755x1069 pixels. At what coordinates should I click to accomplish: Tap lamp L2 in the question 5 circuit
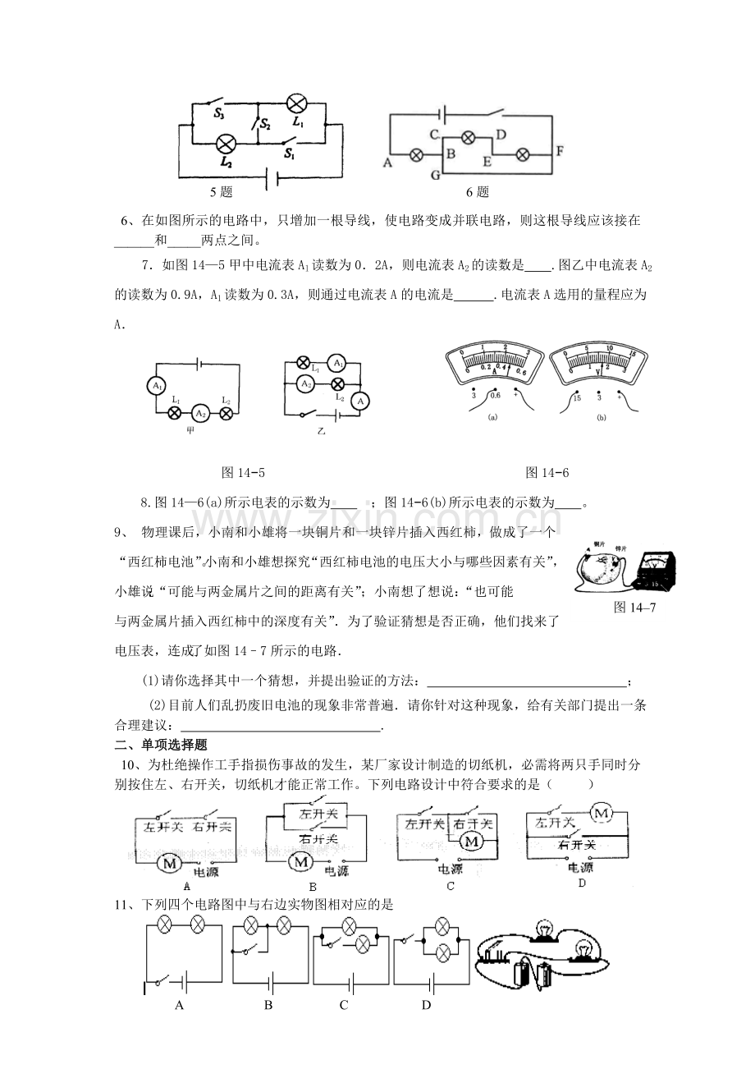(226, 145)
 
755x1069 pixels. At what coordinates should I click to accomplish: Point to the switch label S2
(265, 124)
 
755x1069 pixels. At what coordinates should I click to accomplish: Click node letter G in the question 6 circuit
(435, 175)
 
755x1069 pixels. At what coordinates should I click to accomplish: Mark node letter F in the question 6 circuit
(560, 152)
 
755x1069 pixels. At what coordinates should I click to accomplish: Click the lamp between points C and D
(469, 137)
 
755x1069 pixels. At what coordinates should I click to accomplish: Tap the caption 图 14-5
(244, 472)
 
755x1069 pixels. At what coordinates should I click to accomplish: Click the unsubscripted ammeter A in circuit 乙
(358, 401)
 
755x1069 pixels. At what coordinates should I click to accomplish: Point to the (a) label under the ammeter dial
(493, 417)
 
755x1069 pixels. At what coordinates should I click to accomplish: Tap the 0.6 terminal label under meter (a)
(495, 397)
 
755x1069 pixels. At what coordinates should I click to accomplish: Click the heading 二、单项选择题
(160, 746)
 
